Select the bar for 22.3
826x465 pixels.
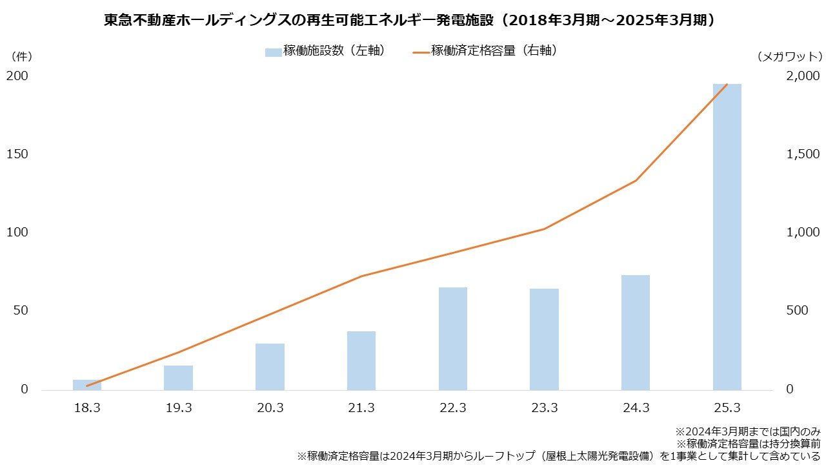click(452, 338)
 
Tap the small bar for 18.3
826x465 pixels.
click(87, 385)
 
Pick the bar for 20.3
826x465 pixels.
click(270, 367)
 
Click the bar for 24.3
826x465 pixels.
click(635, 333)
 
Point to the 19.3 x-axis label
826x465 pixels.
click(178, 408)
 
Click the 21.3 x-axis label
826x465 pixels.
click(361, 408)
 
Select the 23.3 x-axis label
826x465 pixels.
click(544, 408)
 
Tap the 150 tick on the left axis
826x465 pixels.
click(17, 154)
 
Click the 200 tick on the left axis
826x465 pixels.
click(17, 76)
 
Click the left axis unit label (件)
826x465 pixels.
click(21, 57)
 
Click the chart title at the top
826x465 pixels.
click(412, 21)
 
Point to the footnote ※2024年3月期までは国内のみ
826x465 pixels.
click(747, 431)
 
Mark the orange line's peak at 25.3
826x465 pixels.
click(727, 85)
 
